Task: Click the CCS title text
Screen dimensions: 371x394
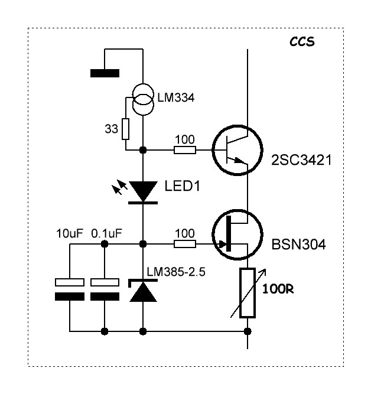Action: (x=302, y=42)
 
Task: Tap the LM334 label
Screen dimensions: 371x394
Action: (x=175, y=97)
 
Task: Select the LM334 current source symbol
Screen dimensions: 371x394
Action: (x=143, y=99)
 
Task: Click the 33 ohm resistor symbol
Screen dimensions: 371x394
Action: (x=125, y=129)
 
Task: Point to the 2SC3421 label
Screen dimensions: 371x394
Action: (x=301, y=160)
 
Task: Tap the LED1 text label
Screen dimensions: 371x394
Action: (x=182, y=186)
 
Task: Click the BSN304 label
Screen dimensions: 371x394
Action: (x=298, y=244)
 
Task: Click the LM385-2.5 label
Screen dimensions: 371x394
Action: (x=176, y=272)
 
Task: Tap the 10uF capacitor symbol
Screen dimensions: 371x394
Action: (x=70, y=289)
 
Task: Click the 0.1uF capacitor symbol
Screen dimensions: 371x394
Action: (x=105, y=289)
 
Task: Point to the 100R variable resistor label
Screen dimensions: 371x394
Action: (x=278, y=289)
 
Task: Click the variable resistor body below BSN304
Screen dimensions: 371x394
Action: (x=248, y=293)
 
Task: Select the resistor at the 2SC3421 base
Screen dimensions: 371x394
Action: (x=185, y=150)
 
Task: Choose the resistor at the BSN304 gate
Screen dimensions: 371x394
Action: (x=185, y=244)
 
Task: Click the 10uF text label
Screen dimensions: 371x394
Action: (x=70, y=233)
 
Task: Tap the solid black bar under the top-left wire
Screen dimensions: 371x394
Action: (x=105, y=73)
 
